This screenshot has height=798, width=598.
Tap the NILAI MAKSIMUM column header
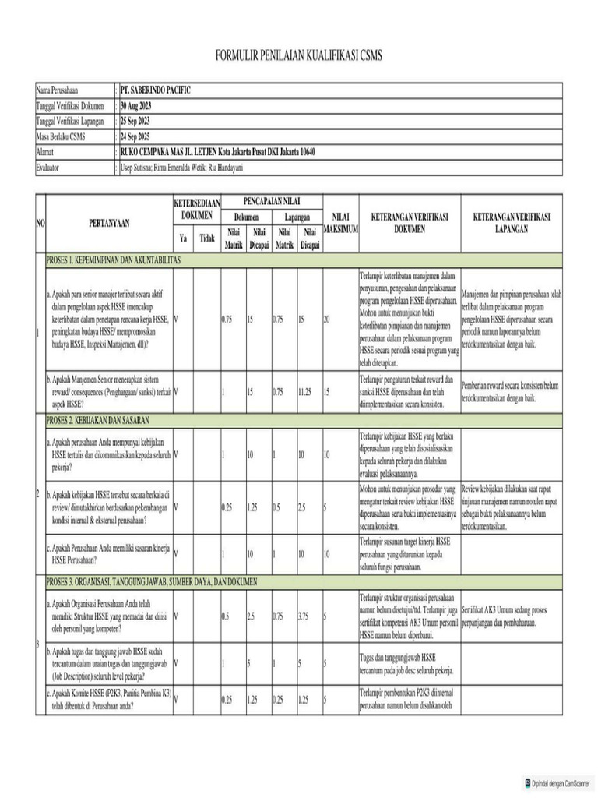click(x=339, y=223)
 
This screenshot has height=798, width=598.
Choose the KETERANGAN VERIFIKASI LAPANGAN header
click(x=512, y=223)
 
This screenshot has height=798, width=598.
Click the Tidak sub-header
click(x=206, y=238)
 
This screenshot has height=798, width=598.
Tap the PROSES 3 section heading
click(x=152, y=581)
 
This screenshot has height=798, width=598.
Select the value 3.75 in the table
click(x=308, y=616)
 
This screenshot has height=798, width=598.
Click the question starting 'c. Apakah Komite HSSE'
click(x=108, y=699)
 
